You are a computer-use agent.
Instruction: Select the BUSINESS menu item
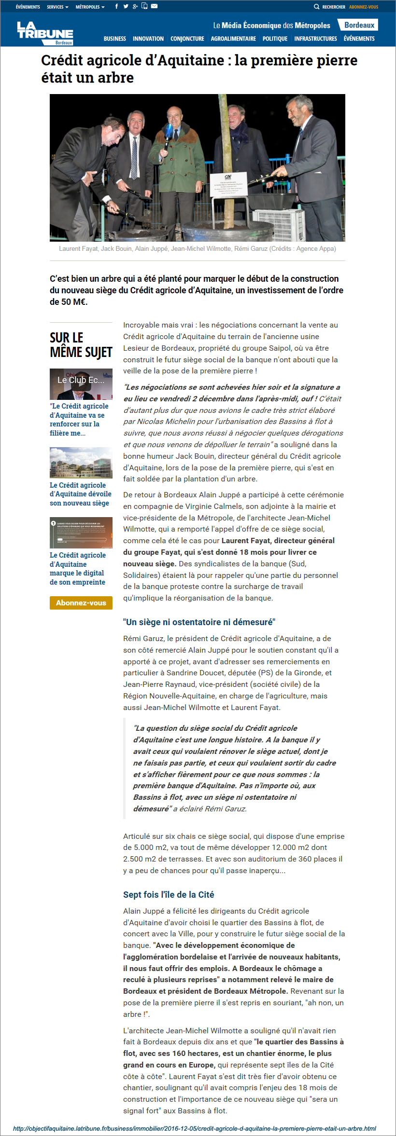[115, 39]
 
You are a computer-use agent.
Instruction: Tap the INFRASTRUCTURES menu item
[315, 39]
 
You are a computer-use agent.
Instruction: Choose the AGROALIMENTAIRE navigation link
[233, 39]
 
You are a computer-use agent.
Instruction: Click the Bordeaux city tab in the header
[359, 25]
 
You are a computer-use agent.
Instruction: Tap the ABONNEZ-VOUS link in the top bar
[364, 7]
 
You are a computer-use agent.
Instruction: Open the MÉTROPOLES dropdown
[90, 7]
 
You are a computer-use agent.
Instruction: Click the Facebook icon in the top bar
[116, 6]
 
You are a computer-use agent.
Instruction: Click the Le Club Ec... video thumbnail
[81, 384]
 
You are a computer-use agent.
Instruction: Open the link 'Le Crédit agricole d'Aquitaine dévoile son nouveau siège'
[80, 494]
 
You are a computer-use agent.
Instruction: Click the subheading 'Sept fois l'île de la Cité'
[169, 894]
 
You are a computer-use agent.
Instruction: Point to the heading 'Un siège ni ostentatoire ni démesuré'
[199, 622]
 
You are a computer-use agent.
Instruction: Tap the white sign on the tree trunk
[228, 184]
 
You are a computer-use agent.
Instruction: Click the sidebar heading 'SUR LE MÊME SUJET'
[81, 344]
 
